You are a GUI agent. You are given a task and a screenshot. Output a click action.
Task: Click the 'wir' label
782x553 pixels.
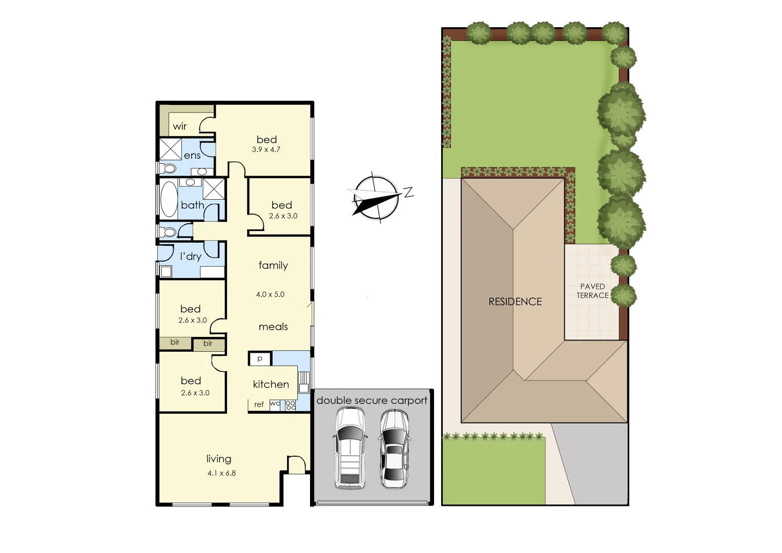point(179,126)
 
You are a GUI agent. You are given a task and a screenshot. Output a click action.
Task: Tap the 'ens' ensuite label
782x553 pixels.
point(192,156)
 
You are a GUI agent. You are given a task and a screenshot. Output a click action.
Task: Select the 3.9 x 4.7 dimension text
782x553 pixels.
point(266,150)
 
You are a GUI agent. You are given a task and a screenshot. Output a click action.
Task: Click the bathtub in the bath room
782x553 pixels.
point(169,199)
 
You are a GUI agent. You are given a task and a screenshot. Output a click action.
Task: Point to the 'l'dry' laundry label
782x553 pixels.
point(191,257)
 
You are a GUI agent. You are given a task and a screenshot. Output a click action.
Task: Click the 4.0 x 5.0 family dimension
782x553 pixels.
point(270,294)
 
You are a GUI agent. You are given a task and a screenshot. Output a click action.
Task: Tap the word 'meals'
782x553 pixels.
point(273,327)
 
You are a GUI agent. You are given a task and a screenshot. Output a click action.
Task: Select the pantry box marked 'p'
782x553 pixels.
point(260,358)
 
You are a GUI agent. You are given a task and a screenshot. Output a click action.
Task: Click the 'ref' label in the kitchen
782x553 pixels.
point(259,405)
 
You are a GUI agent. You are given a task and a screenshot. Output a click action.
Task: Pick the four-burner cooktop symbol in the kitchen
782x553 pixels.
point(291,405)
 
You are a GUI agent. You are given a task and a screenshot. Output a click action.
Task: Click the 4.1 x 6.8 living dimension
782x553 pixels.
point(221,473)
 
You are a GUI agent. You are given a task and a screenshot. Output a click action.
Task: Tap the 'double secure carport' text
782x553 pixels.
point(372,400)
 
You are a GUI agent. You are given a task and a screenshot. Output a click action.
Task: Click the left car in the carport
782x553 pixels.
point(350,449)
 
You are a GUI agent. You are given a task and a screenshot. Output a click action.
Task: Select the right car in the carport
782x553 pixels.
point(394,450)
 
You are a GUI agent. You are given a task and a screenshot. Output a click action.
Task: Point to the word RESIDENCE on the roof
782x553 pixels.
point(515,302)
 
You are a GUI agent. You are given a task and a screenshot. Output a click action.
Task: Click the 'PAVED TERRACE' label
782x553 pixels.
point(592,291)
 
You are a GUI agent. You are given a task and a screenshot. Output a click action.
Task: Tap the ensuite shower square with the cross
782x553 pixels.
point(171,150)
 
